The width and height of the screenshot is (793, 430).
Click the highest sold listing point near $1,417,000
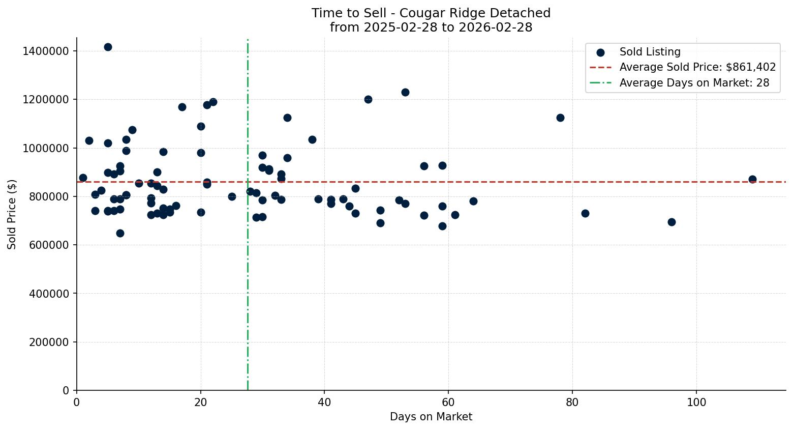coord(108,47)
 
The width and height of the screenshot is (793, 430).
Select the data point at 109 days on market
coord(752,179)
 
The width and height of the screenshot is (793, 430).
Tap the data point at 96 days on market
coord(672,222)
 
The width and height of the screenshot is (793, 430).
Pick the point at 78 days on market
coord(560,118)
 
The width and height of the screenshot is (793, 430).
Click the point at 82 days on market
coord(585,213)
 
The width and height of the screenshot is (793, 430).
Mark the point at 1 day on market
coord(83,178)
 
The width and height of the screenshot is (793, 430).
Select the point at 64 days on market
coord(473,201)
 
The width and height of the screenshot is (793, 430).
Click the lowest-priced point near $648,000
coord(120,233)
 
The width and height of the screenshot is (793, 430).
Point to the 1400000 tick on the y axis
coord(46,51)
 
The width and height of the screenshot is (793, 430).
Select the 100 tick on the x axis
coord(696,402)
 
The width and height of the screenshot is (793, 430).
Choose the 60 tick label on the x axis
coord(448,402)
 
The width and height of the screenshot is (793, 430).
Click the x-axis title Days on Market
coord(431,417)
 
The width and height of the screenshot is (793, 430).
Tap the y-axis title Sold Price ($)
coord(12,214)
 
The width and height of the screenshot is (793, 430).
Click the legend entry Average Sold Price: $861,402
coord(697,67)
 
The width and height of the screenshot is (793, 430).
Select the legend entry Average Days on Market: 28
coord(694,83)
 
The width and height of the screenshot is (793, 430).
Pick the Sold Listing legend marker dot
coord(600,52)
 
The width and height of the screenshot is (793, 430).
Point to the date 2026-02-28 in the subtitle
coord(495,27)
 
